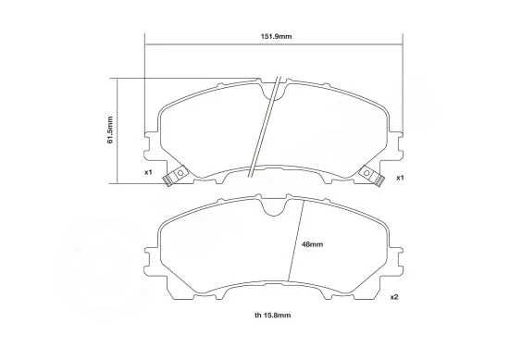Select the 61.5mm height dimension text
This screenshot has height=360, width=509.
pos(110,130)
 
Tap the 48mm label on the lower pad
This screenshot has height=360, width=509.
pos(313,243)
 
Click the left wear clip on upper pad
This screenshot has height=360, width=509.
pos(174,175)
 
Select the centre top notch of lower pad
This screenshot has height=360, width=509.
pos(275,209)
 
